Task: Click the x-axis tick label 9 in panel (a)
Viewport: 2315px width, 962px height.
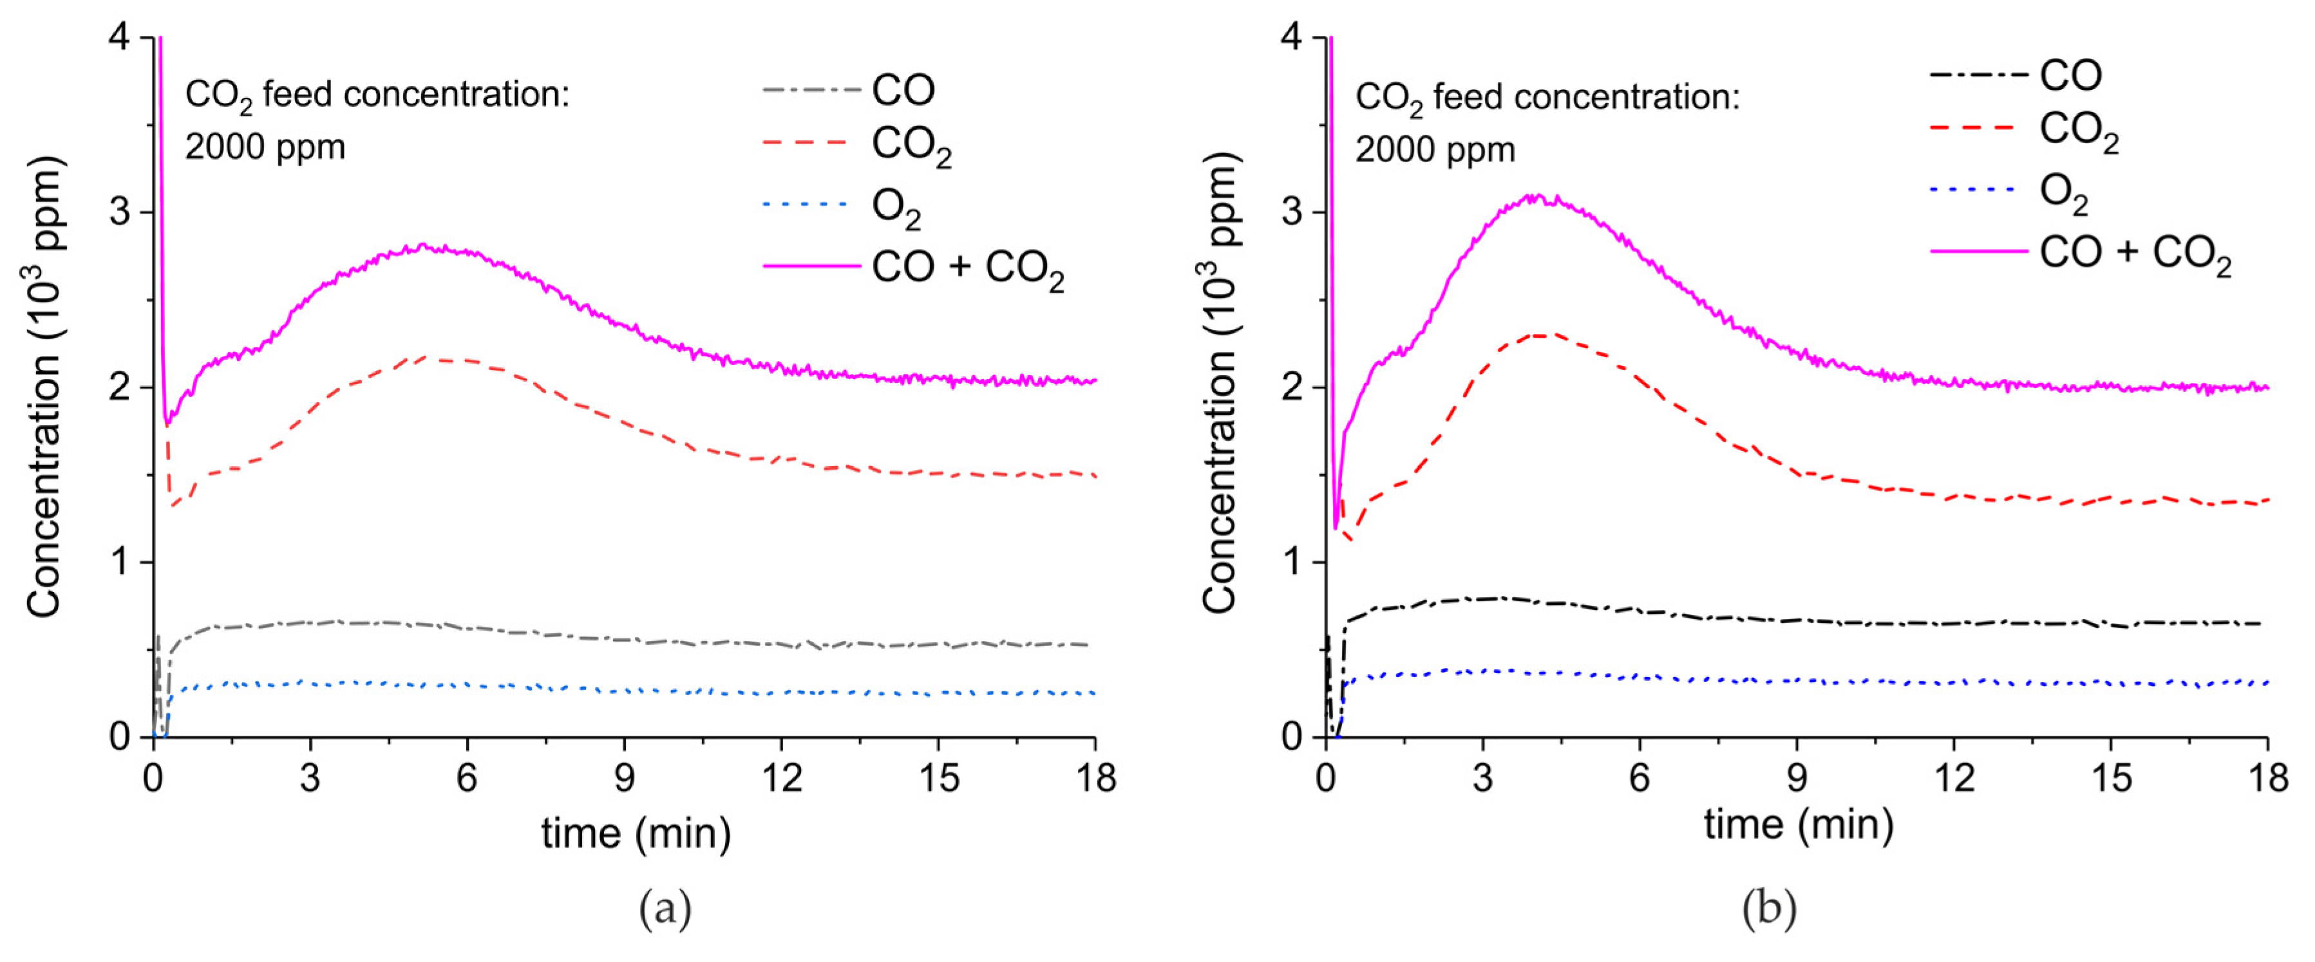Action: (x=624, y=778)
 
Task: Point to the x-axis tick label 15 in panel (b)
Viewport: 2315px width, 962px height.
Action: (x=2111, y=778)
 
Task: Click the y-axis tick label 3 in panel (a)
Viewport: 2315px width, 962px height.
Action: (x=120, y=213)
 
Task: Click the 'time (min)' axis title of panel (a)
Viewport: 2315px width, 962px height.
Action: (x=636, y=833)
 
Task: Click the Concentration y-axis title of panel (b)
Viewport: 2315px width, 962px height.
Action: (x=1222, y=386)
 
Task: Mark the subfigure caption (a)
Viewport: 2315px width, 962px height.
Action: (x=665, y=909)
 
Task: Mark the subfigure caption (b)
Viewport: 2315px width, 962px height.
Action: (x=1768, y=909)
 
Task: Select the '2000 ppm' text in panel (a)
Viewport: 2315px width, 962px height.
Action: (x=265, y=147)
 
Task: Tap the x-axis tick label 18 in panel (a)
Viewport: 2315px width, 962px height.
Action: (x=1095, y=778)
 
